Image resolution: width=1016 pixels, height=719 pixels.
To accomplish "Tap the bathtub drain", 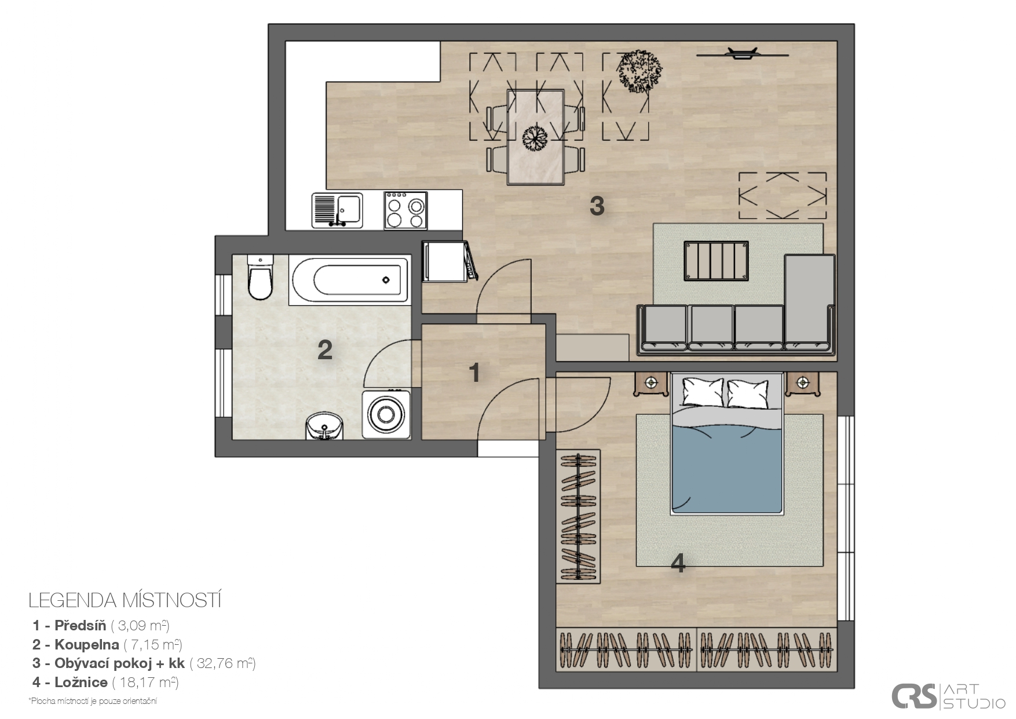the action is (386, 280).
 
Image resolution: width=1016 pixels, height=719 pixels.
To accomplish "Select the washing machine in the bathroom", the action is (386, 414).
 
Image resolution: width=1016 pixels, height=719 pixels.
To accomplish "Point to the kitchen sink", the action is (337, 210).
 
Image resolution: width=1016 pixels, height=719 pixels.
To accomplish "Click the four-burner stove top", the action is (405, 210).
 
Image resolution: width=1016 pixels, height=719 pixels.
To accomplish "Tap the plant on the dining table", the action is (535, 138).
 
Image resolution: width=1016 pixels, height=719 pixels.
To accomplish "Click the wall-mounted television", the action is (743, 54).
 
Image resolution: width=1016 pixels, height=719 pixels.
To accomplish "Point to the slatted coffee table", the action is (716, 261).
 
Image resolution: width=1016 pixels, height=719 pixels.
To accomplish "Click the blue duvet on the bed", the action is (728, 469).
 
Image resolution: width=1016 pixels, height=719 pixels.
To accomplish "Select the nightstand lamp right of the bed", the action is (802, 382).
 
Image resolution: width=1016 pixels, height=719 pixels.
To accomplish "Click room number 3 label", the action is (597, 205).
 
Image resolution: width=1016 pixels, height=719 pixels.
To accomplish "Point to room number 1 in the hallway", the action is (475, 373).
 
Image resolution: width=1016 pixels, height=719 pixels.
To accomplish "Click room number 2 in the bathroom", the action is (325, 349).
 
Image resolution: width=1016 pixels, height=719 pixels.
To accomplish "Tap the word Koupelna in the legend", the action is (87, 644).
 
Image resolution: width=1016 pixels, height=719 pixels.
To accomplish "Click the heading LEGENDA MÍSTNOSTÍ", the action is (125, 600).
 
